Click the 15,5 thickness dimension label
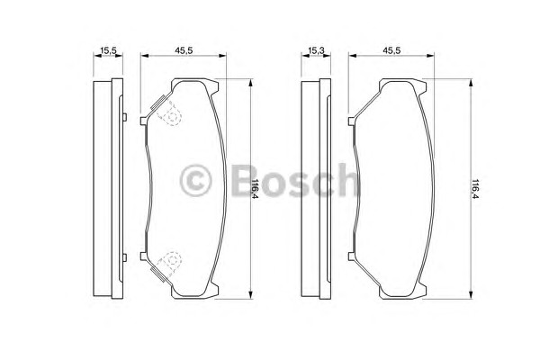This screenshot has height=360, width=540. coord(108,50)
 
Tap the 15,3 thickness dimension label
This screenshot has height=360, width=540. coord(316,50)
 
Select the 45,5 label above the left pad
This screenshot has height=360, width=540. coord(184,50)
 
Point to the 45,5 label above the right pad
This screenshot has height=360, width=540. coord(391,50)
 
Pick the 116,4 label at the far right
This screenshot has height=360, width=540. coord(475,189)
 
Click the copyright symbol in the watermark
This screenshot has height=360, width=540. coord(195,181)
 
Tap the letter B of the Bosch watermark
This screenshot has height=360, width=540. coord(245,180)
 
